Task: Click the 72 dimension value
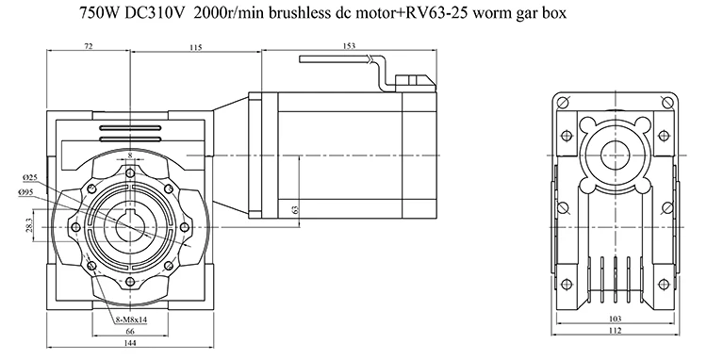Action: click(x=89, y=46)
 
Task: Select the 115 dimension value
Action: click(x=196, y=47)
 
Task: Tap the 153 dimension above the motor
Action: click(x=349, y=45)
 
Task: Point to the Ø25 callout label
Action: click(x=30, y=178)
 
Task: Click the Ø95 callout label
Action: click(x=26, y=193)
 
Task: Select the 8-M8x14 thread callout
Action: click(x=131, y=319)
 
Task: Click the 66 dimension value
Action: click(x=129, y=332)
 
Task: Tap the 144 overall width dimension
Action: click(x=129, y=342)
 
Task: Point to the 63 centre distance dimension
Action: click(x=296, y=210)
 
